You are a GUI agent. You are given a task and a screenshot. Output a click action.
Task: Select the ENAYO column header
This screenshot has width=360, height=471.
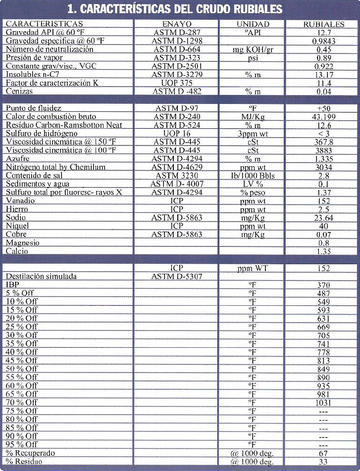coord(177,24)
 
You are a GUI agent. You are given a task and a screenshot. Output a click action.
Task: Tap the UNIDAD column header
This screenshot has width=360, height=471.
coord(253,24)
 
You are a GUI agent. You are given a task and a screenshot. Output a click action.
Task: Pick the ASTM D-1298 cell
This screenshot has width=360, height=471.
coord(177,41)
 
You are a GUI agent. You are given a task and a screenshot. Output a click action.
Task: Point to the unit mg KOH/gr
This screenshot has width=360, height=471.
coord(253,49)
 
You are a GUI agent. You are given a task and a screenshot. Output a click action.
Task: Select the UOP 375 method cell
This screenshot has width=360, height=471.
coord(177,83)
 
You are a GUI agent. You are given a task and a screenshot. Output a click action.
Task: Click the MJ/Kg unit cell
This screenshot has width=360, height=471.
coord(253,117)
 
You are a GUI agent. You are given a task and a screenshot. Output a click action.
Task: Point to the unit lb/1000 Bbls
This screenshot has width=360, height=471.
coord(253,176)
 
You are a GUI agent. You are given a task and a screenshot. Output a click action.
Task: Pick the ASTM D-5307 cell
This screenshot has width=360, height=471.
coord(177,277)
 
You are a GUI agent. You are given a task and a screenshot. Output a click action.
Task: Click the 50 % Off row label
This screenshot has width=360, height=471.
coord(22,369)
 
